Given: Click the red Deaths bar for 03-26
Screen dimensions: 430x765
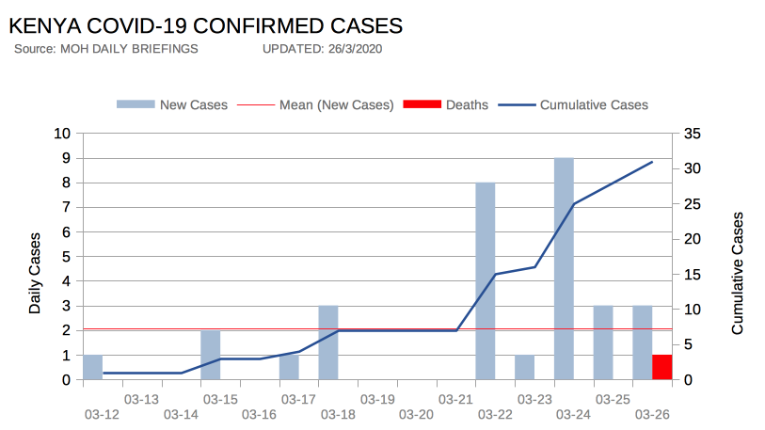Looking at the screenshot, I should click(662, 367).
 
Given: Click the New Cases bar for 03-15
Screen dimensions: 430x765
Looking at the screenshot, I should click(210, 355).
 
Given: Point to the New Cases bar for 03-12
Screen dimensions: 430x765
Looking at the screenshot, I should click(92, 367).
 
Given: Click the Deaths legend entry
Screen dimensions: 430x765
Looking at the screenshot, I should click(445, 104).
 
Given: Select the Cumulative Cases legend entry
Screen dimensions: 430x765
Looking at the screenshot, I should click(573, 104).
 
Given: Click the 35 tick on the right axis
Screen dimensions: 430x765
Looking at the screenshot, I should click(692, 134).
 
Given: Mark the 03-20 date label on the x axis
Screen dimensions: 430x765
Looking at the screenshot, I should click(415, 415).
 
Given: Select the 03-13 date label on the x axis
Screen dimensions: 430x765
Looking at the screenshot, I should click(140, 399).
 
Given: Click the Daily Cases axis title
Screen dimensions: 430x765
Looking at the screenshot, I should click(35, 273).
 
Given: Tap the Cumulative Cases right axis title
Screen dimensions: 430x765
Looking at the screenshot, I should click(737, 273).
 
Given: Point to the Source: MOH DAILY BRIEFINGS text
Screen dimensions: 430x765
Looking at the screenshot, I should click(106, 48).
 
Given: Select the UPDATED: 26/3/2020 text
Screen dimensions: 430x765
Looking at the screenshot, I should click(322, 48).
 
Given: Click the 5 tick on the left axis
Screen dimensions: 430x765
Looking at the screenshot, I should click(67, 257).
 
